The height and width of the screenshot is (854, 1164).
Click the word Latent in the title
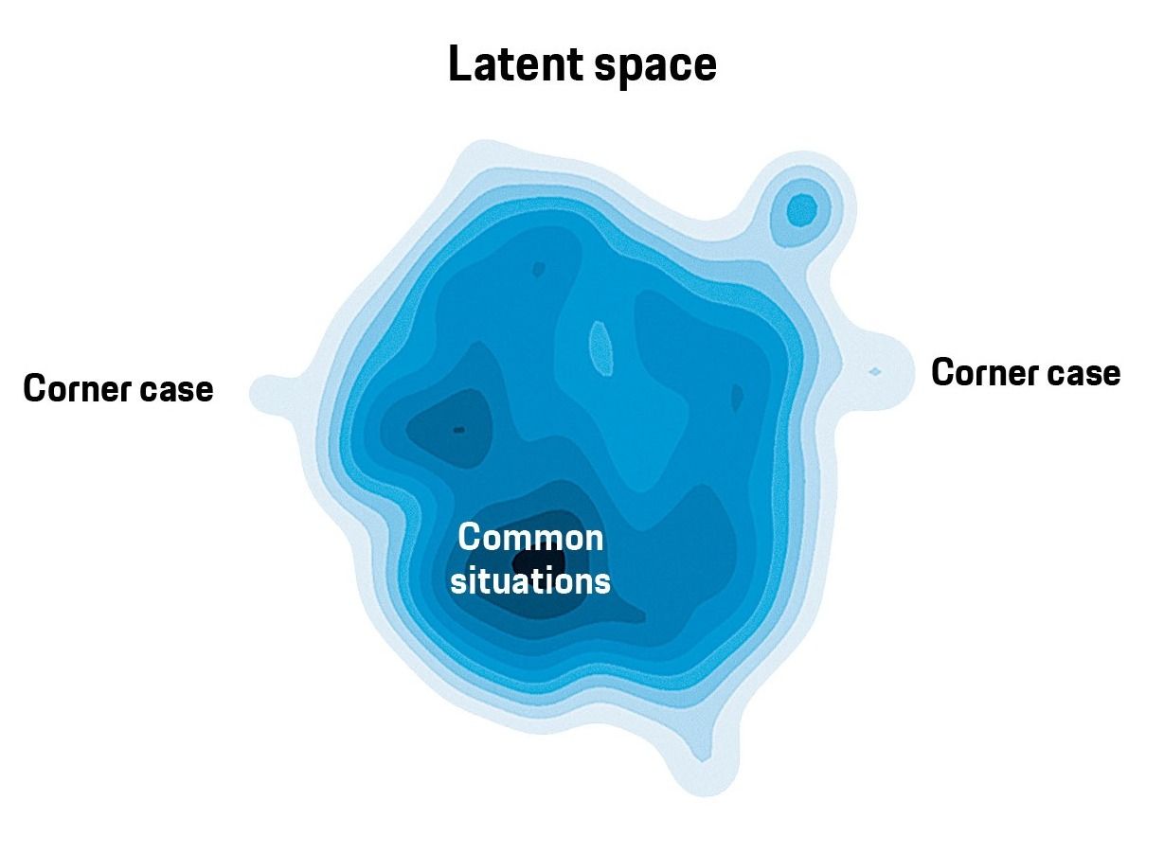[x=515, y=63]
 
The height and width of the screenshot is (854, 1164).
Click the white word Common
[x=530, y=537]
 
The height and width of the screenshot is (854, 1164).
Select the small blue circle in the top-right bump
[x=802, y=211]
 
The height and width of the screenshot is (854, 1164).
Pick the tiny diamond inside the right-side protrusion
[x=875, y=371]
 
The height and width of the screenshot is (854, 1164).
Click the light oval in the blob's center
[x=600, y=348]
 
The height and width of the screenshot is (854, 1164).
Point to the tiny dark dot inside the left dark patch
[x=458, y=430]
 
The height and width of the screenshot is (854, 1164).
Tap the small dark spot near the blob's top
[x=538, y=269]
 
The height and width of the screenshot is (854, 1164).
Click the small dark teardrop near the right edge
[x=737, y=398]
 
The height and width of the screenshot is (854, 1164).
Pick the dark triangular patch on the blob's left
[x=450, y=428]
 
